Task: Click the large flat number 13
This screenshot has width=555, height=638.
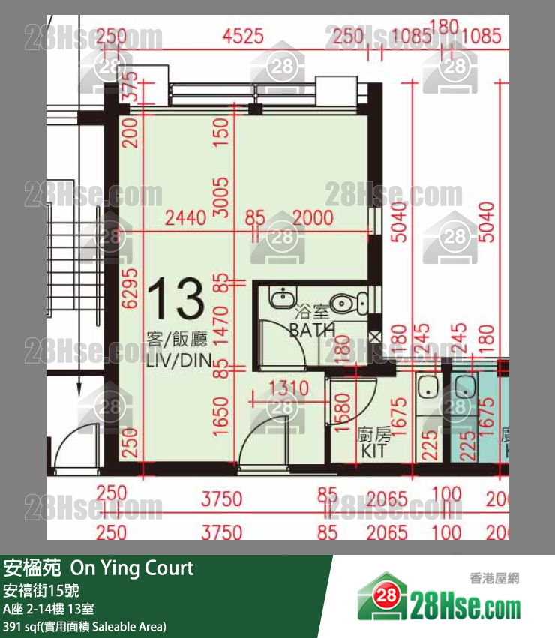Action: (176, 298)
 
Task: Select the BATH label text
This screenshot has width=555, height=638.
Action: (313, 330)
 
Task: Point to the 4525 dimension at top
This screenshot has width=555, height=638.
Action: (250, 35)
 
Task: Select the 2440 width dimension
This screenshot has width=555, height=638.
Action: (185, 218)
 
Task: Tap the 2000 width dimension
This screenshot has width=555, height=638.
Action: (313, 218)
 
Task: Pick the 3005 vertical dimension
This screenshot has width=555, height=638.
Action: (220, 196)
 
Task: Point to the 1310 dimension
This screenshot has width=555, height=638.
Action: (288, 388)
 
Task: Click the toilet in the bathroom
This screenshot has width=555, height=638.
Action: (347, 303)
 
